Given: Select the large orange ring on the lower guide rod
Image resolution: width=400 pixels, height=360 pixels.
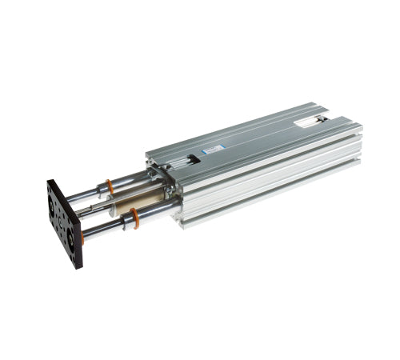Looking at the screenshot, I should click(135, 218).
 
